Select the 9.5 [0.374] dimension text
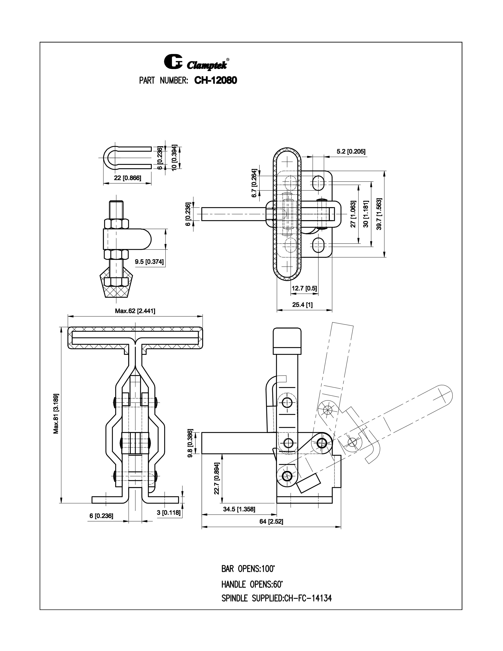(149, 262)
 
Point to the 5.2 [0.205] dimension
(351, 152)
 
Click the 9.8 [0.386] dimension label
(191, 443)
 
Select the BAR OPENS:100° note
(248, 569)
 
